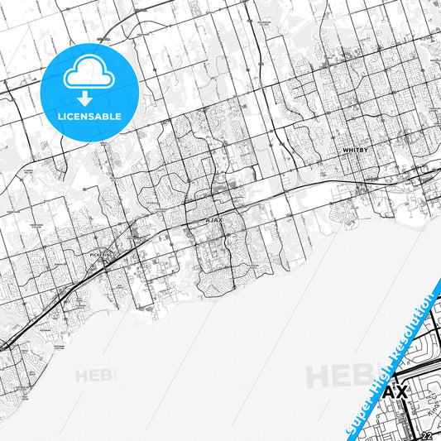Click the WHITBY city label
pos(354,151)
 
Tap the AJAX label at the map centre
pos(213,221)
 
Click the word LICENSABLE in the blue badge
pos(89,116)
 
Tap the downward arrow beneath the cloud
pos(89,98)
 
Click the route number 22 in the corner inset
pos(425,436)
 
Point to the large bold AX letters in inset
pos(400,391)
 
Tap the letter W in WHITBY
pos(345,151)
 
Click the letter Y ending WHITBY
pos(364,151)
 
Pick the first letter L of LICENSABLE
pos(60,116)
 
